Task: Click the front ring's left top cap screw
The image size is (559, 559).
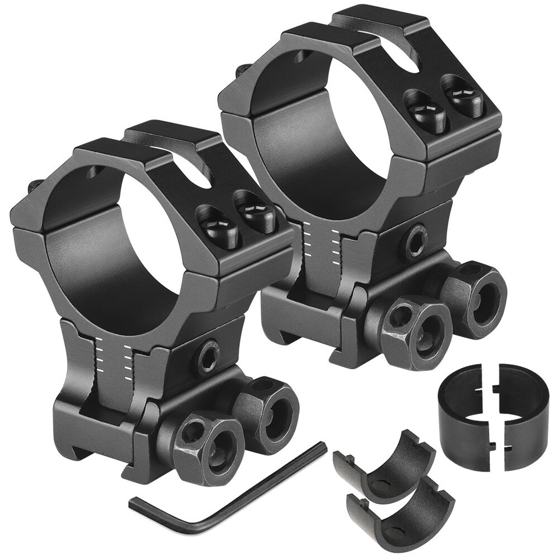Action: tap(218, 227)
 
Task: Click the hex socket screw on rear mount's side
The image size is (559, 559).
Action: tap(416, 240)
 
